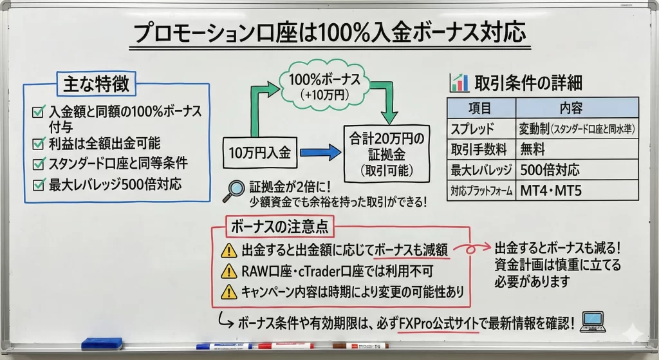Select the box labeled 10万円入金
[x=260, y=153]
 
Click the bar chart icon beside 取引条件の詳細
[x=459, y=82]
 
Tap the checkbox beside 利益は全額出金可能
[x=37, y=142]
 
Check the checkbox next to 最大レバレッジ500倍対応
[x=37, y=185]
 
